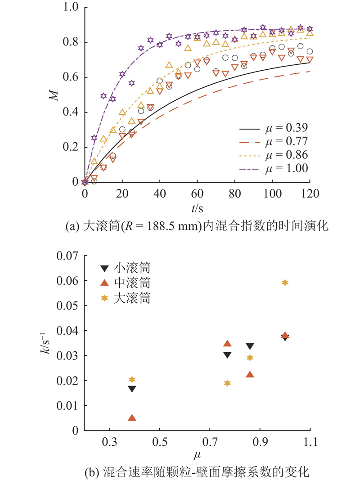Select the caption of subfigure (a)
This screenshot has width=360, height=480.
197,227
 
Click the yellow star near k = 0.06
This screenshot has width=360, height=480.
285,283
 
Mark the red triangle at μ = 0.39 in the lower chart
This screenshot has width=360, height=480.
132,418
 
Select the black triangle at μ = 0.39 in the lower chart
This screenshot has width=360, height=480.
132,389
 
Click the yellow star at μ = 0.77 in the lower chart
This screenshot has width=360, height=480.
227,383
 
